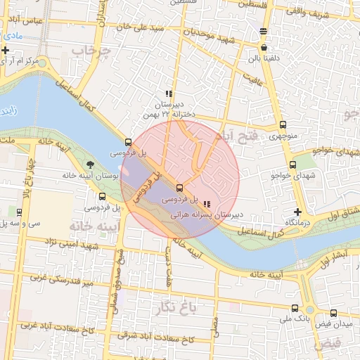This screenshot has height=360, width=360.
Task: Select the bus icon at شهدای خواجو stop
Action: (292, 165)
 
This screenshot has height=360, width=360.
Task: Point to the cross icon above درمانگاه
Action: (298, 212)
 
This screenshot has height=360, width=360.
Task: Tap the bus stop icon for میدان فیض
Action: (333, 314)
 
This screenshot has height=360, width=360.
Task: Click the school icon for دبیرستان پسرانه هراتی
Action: (206, 204)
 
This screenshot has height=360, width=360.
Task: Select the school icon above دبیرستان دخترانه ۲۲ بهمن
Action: (168, 94)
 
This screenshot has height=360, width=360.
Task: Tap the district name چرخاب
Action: (96, 51)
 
